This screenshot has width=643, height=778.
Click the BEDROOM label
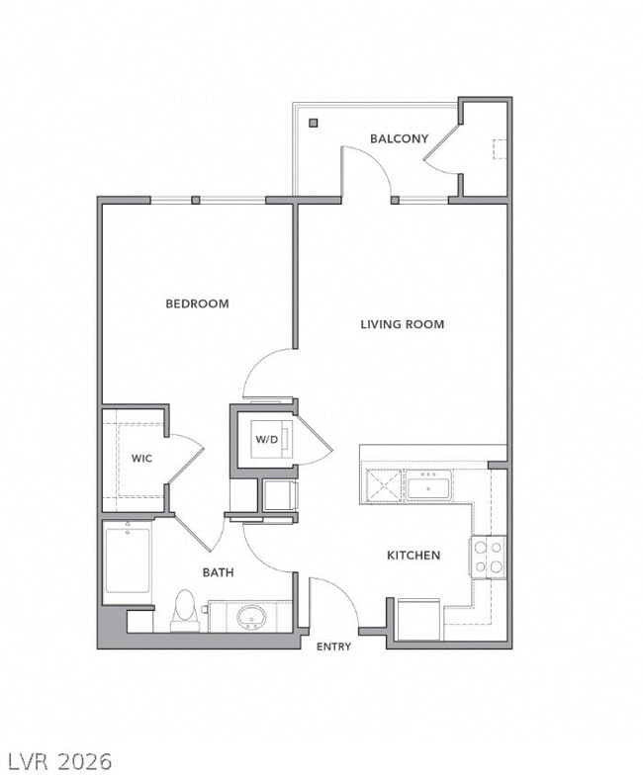[x=197, y=303]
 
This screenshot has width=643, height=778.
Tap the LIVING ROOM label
[x=402, y=324]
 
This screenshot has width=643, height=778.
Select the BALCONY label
[x=399, y=138]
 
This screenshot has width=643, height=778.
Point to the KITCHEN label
[x=413, y=556]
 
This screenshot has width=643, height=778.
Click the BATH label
[x=218, y=572]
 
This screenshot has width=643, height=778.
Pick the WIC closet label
[x=142, y=458]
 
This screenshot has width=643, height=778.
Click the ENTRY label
[x=333, y=647]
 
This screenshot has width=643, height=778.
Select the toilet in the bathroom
[x=184, y=611]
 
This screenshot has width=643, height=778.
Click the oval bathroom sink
[x=251, y=619]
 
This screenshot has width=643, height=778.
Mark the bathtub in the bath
[x=128, y=561]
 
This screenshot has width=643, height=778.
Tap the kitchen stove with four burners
[x=488, y=557]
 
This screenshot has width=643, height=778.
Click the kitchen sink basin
[x=427, y=486]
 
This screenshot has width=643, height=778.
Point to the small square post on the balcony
[x=313, y=124]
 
